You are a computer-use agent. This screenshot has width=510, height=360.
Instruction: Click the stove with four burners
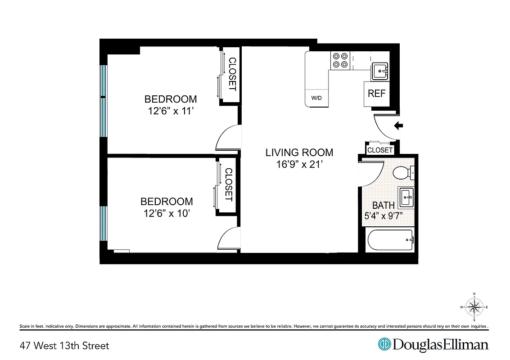coord(340,60)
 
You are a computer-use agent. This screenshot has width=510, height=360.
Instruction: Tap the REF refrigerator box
coord(376,94)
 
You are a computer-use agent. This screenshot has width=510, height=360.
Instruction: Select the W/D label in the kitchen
coord(316,98)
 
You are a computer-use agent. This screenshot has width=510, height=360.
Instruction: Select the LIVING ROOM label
coord(299,153)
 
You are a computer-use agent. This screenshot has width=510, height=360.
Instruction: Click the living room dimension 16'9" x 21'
coord(299,164)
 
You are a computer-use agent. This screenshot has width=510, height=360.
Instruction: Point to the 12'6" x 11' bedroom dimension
coord(171,111)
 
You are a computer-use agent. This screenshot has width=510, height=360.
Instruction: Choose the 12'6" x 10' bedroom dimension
coord(167,213)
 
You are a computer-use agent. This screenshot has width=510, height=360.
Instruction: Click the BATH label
coord(383,206)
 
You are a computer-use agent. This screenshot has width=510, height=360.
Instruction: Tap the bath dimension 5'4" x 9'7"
coord(383,216)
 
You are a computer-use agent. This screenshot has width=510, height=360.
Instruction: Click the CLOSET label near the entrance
coord(380,150)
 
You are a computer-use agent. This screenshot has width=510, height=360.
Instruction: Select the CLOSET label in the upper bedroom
coord(232,74)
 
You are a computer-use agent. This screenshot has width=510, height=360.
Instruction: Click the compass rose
coord(474,307)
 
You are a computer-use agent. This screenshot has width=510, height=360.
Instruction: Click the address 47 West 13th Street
coord(64,346)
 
